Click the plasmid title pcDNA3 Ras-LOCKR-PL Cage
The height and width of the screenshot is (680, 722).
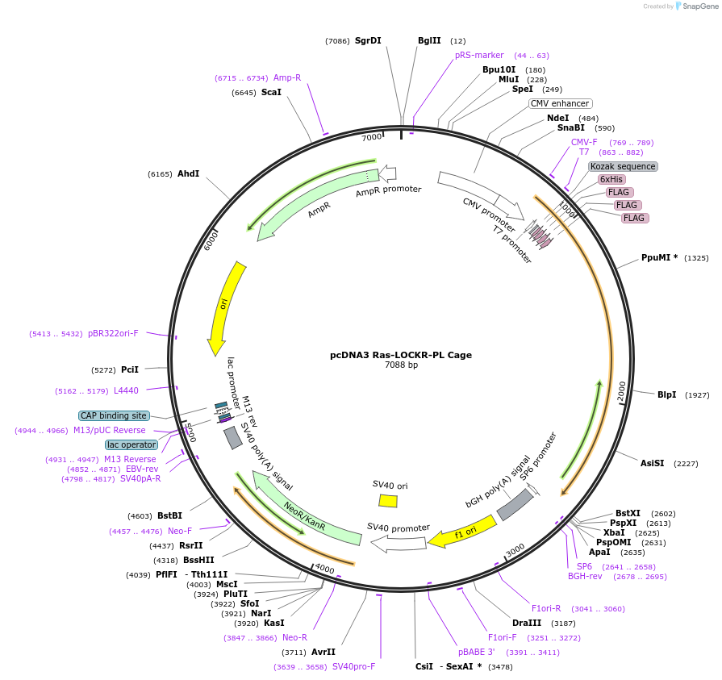coord(401,355)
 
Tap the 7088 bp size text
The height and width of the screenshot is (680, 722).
coord(401,365)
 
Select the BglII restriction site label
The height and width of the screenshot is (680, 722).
coord(429,40)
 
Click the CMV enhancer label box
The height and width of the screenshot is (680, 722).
coord(561,103)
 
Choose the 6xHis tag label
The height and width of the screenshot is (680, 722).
coord(611,179)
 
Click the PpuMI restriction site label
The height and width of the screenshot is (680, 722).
coord(658,258)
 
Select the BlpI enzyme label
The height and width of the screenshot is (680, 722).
coord(666,394)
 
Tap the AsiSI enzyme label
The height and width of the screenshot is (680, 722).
coord(652,463)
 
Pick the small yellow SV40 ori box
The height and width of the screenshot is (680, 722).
coord(388,501)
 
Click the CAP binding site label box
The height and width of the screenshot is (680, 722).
coord(114,416)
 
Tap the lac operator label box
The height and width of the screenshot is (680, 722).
coord(131,444)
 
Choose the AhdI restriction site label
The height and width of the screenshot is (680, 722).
coord(188,174)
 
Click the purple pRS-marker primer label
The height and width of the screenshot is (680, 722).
coord(479,56)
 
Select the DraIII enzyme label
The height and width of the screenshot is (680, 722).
coord(527,624)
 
